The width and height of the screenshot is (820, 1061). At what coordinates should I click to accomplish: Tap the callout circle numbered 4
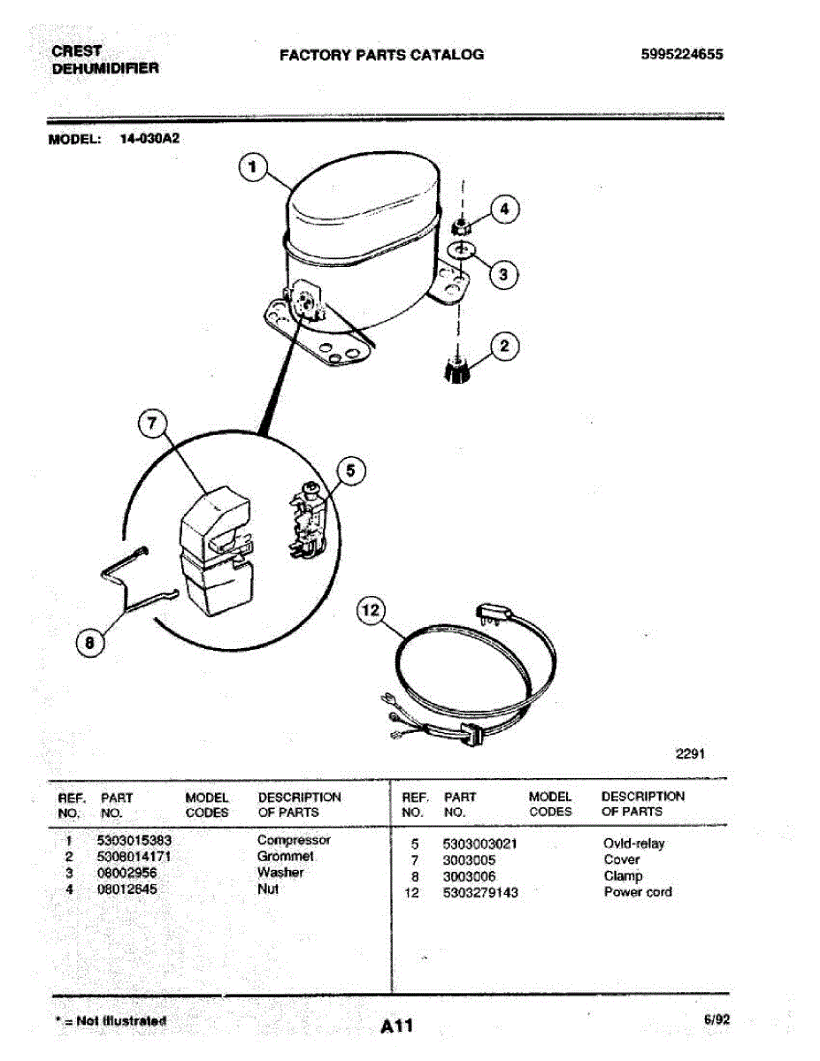tap(504, 210)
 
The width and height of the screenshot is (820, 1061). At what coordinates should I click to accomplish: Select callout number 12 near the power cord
tap(372, 610)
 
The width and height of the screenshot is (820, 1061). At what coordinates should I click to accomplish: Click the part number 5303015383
tap(134, 841)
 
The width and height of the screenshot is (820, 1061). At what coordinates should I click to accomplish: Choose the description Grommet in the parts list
tap(285, 857)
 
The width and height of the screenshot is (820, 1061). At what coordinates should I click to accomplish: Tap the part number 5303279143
tap(480, 893)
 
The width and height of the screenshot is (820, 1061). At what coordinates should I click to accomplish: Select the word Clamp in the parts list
tap(623, 876)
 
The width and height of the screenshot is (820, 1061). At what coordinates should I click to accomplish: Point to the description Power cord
tap(637, 892)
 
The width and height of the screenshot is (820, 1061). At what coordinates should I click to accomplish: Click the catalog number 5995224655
tap(682, 54)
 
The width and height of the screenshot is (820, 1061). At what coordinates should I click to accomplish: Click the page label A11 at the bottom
tap(397, 1027)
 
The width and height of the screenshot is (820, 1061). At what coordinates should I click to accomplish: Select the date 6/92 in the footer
tap(717, 1019)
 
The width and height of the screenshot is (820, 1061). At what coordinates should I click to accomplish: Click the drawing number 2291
tap(690, 754)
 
